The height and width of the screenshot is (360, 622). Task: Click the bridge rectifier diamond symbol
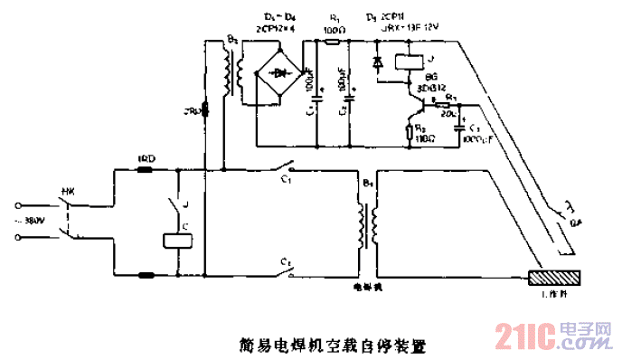click(x=279, y=71)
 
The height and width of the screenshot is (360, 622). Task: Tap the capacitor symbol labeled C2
click(x=346, y=92)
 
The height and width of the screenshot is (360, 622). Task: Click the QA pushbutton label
click(x=574, y=230)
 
